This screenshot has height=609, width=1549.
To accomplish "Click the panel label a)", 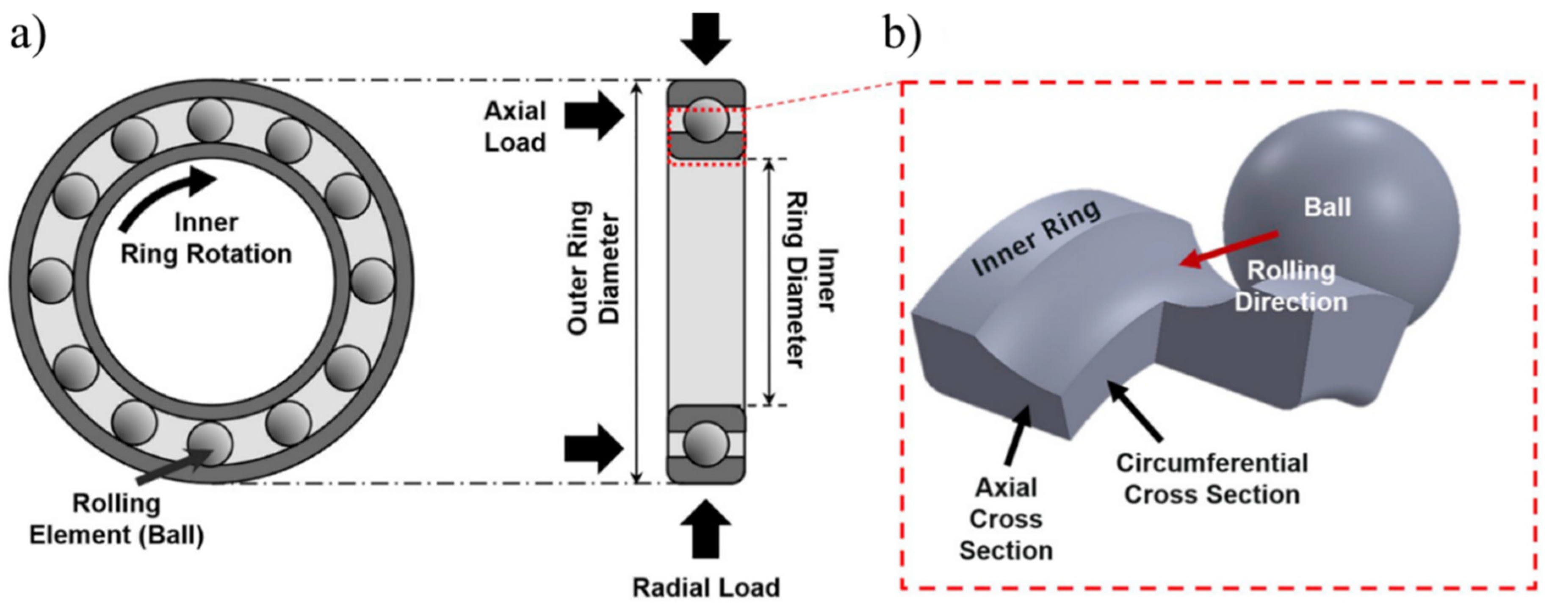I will click(28, 35).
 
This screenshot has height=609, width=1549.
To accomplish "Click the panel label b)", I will click(902, 35).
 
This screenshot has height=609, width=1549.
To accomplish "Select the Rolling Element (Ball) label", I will click(116, 519).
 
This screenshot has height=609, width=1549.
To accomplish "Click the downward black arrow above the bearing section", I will click(705, 37).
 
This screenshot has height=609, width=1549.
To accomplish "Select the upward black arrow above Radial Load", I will click(705, 530).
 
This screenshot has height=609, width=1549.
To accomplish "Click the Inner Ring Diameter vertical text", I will click(812, 280).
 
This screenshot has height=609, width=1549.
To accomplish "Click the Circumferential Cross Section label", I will click(1212, 479).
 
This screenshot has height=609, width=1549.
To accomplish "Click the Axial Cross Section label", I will click(1005, 519).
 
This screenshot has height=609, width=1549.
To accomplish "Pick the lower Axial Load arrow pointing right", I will click(593, 448).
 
